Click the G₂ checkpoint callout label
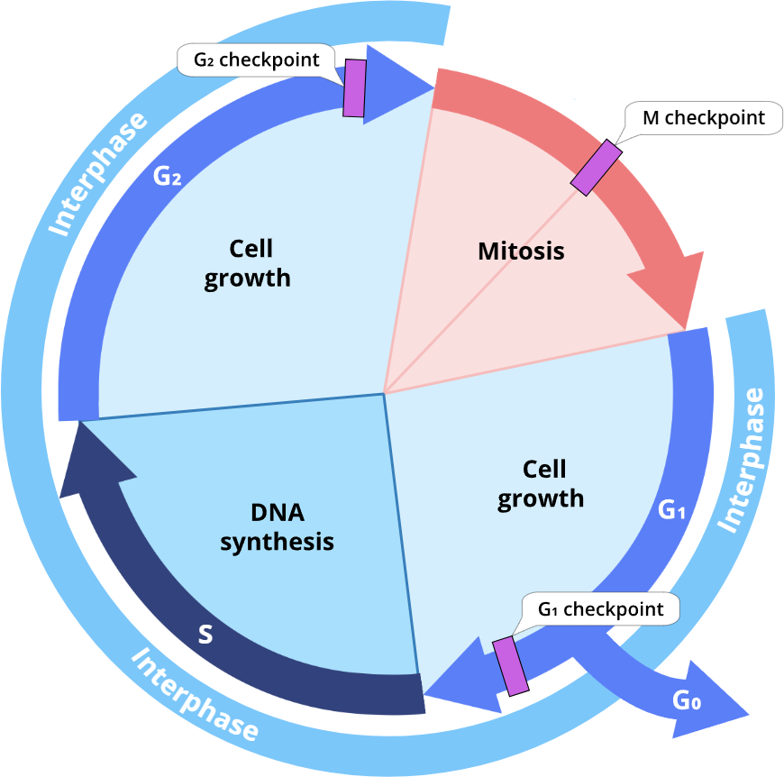point(257,60)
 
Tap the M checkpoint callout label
point(703,117)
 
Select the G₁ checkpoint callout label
point(600,609)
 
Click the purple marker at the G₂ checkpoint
point(354,88)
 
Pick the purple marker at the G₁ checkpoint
point(511,665)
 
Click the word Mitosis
point(521,251)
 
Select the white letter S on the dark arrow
point(205,635)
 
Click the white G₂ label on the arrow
point(168,177)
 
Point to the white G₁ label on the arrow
point(673,511)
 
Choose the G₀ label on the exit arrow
point(687,699)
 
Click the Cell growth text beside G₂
point(248,262)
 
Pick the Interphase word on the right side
point(745,460)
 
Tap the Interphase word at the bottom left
point(195,695)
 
